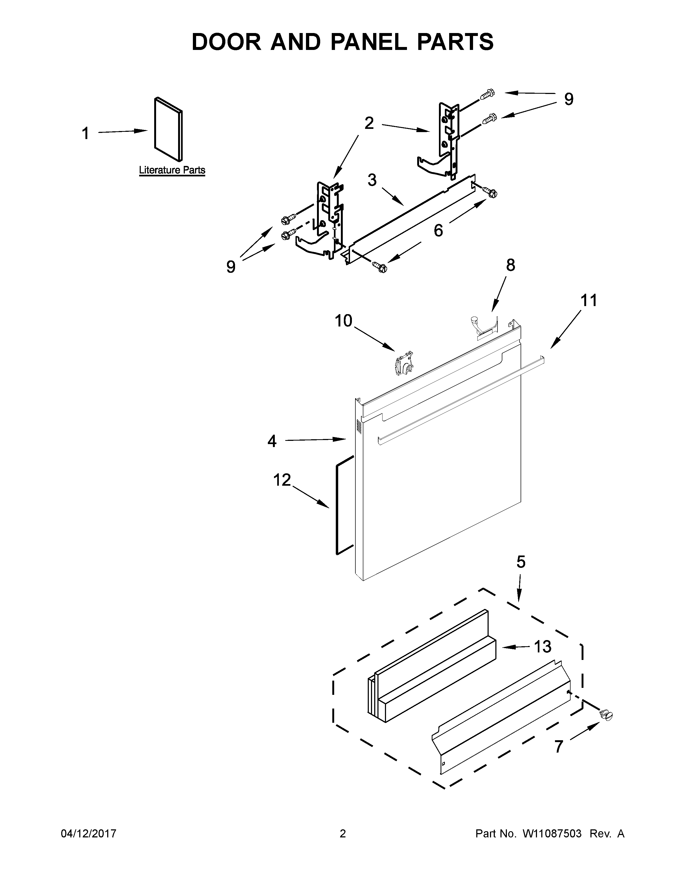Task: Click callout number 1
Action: tap(85, 133)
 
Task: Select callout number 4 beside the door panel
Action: tap(272, 441)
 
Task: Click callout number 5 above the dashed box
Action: tap(521, 562)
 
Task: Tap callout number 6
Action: tap(438, 230)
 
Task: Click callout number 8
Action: tap(510, 265)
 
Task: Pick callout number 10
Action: tap(343, 321)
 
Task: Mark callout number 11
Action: tap(588, 301)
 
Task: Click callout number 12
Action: tap(282, 480)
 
